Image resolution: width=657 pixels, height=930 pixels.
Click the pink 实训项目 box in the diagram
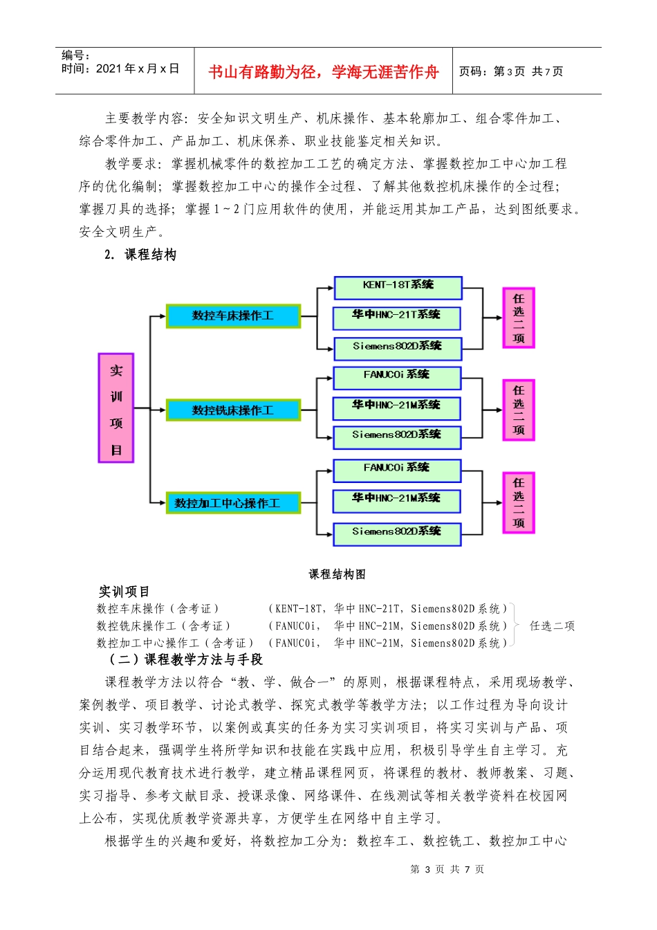coord(116,408)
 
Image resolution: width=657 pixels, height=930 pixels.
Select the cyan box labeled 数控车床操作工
coord(233,316)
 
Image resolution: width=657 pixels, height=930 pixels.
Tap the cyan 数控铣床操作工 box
coord(233,410)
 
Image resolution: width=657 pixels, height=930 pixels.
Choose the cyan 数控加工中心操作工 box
coord(233,503)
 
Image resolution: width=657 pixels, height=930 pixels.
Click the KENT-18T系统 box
coord(398,286)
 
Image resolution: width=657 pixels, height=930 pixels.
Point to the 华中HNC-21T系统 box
coord(397,316)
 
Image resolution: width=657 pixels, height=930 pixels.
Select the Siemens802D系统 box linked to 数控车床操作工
coord(397,347)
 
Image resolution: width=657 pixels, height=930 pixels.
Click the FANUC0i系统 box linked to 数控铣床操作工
coord(397,376)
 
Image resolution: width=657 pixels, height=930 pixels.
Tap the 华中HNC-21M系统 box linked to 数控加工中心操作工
coord(397,500)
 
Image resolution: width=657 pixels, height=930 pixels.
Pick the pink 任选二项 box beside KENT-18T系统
coord(519,318)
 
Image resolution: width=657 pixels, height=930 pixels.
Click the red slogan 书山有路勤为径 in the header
coord(324,72)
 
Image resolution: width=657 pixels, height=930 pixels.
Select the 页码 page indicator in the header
coord(511,71)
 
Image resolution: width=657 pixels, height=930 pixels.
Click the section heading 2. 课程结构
coord(140,255)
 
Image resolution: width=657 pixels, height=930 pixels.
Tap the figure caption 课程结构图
coord(337,574)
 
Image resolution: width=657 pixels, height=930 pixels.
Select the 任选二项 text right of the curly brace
coord(552,626)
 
